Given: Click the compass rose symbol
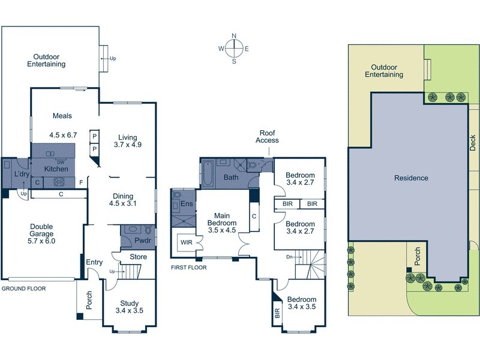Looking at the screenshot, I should [234, 49].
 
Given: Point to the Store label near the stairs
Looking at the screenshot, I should [139, 257].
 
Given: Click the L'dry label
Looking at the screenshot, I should [22, 174].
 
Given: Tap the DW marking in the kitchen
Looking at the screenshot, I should [60, 163].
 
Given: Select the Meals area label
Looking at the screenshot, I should [62, 116].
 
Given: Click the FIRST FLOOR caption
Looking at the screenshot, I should [188, 268].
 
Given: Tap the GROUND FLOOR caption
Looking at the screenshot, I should [23, 289].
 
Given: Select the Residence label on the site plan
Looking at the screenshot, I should [411, 178].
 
